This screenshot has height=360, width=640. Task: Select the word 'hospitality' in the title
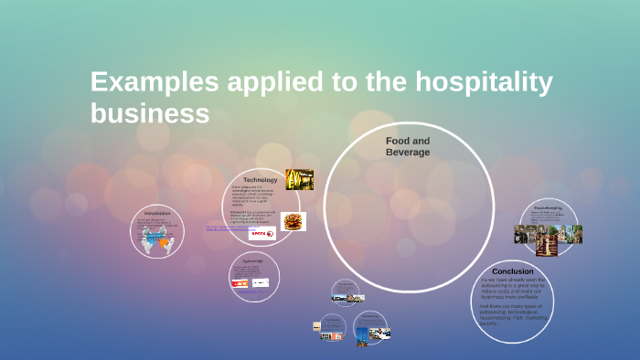point(485,82)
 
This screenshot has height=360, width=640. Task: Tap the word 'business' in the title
point(150,113)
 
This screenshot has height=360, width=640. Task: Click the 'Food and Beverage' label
point(408,146)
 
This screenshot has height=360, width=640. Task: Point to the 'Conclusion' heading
point(512,271)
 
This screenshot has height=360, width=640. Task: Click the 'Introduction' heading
point(157,213)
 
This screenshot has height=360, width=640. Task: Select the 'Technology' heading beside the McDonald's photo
point(261,180)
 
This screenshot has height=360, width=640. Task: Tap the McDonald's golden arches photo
point(300,179)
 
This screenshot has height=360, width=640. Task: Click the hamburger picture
point(293,221)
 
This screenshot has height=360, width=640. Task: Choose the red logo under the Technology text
point(262,234)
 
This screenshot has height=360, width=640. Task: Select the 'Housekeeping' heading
point(549,208)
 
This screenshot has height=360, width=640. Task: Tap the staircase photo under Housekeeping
point(548,239)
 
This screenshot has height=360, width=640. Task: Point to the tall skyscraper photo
point(362,335)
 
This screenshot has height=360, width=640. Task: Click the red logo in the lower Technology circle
point(240,283)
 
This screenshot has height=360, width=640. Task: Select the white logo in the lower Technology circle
point(261,283)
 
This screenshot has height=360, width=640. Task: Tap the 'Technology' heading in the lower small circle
point(252,260)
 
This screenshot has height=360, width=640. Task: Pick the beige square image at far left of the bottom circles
point(316,326)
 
